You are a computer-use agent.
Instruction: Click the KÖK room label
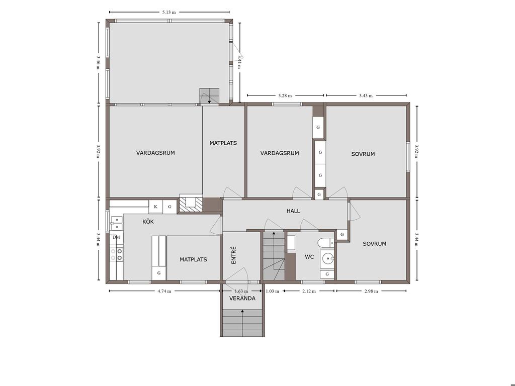pos(148,222)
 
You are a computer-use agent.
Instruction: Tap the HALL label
pos(293,211)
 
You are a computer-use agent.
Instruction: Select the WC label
pos(309,257)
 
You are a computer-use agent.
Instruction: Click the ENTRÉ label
pos(233,255)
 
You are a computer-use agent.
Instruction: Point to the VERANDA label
pos(242,299)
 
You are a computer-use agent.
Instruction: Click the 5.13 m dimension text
pos(169,12)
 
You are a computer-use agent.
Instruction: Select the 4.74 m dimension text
pos(164,291)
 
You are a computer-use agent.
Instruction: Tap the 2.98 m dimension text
pos(371,291)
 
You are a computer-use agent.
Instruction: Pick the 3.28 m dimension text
pos(285,95)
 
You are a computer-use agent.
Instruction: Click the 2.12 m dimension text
pos(309,291)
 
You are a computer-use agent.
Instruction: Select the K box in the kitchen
pos(156,207)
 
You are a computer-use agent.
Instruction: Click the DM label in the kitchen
pos(116,237)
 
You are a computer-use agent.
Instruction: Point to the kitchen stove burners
pos(117,254)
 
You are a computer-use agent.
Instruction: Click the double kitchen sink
pos(116,224)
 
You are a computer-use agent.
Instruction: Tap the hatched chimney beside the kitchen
pos(190,205)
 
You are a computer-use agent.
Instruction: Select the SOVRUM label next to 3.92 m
pos(363,154)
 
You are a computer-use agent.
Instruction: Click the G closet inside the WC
pos(327,274)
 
